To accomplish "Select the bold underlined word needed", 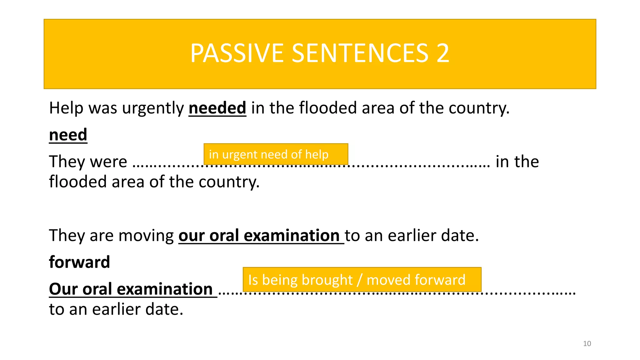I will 217,108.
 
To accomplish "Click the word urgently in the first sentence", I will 153,109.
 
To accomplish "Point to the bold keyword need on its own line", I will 68,135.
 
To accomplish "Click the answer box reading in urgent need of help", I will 276,154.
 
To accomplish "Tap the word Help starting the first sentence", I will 66,108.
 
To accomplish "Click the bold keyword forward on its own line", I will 79,262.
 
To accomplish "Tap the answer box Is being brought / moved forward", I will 362,279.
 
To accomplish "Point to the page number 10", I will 587,344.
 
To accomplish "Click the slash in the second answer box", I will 359,280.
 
